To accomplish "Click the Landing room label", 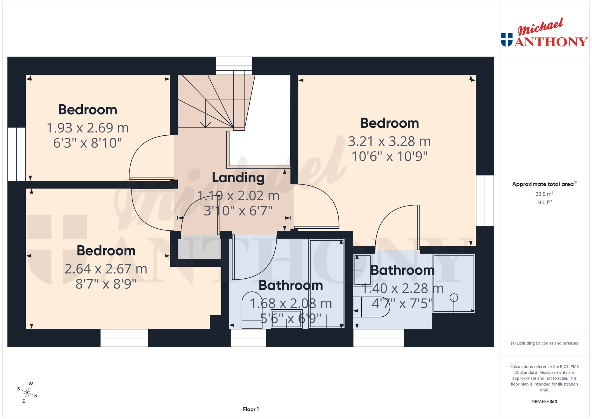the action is point(238,178).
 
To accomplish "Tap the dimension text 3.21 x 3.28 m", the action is point(389,142).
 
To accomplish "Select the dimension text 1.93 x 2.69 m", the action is point(88,128).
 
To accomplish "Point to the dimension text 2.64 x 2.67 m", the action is point(106,269).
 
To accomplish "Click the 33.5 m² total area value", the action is point(544,194).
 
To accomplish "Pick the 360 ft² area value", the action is point(544,202).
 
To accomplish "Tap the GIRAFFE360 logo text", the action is point(544,401).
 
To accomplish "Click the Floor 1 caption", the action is point(251,409).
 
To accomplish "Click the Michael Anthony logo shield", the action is point(507,40).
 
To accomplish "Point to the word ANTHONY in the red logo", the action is point(551,42).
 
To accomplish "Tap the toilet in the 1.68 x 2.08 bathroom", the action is point(252,310).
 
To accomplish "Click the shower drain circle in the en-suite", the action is point(454,298).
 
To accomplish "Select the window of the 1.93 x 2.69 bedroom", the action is point(17,154).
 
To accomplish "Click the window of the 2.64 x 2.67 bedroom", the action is point(124,338).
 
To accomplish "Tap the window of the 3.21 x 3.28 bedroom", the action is point(485,201).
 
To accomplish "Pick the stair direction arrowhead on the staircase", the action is point(206,125).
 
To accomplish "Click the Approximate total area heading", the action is point(544,184).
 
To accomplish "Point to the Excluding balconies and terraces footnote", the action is point(544,343).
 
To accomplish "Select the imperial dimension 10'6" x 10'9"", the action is point(389,156).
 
